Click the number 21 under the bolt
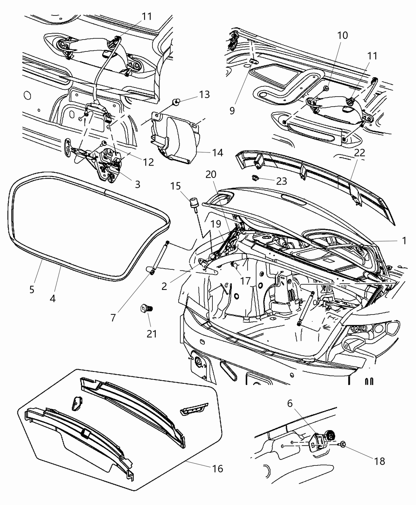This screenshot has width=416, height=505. point(151,333)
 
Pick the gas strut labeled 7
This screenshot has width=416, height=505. point(160,257)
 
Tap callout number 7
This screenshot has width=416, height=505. point(113,317)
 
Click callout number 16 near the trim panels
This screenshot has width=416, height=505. point(218,469)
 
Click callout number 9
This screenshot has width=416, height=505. point(232,110)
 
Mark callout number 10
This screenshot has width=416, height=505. point(342,35)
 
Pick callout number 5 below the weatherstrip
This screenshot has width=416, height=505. point(32,289)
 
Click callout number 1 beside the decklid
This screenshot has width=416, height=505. point(404,241)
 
